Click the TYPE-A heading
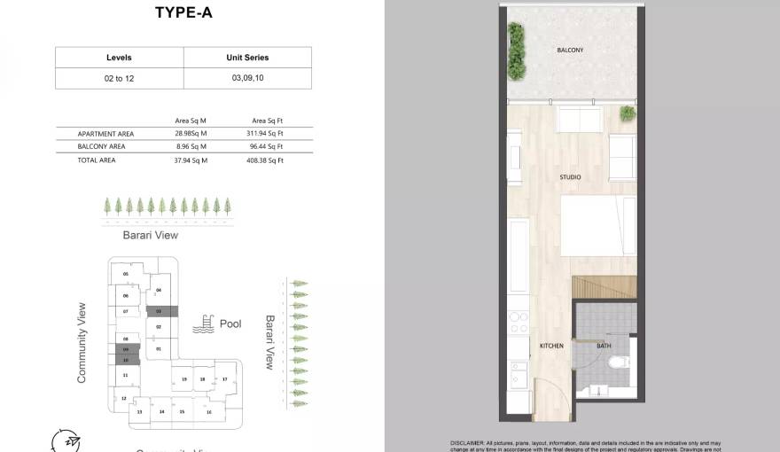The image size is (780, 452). (183, 12)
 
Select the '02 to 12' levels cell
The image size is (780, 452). (119, 78)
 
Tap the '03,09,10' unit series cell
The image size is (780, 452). (247, 78)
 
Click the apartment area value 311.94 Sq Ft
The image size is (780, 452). (265, 133)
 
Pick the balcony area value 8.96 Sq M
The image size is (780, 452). (191, 146)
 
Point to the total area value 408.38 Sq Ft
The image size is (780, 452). (265, 160)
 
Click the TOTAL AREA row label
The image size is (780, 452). (97, 160)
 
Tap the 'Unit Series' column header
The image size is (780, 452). (247, 58)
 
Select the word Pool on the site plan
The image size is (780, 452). (230, 324)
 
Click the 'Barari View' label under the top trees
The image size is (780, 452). (151, 235)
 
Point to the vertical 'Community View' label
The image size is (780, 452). (82, 343)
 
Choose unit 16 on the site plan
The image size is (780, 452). (209, 412)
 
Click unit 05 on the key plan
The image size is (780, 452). (126, 275)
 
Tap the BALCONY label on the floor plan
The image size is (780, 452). (570, 51)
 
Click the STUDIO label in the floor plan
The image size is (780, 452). (570, 177)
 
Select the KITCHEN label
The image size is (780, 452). (551, 346)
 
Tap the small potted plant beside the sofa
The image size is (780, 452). (628, 113)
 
